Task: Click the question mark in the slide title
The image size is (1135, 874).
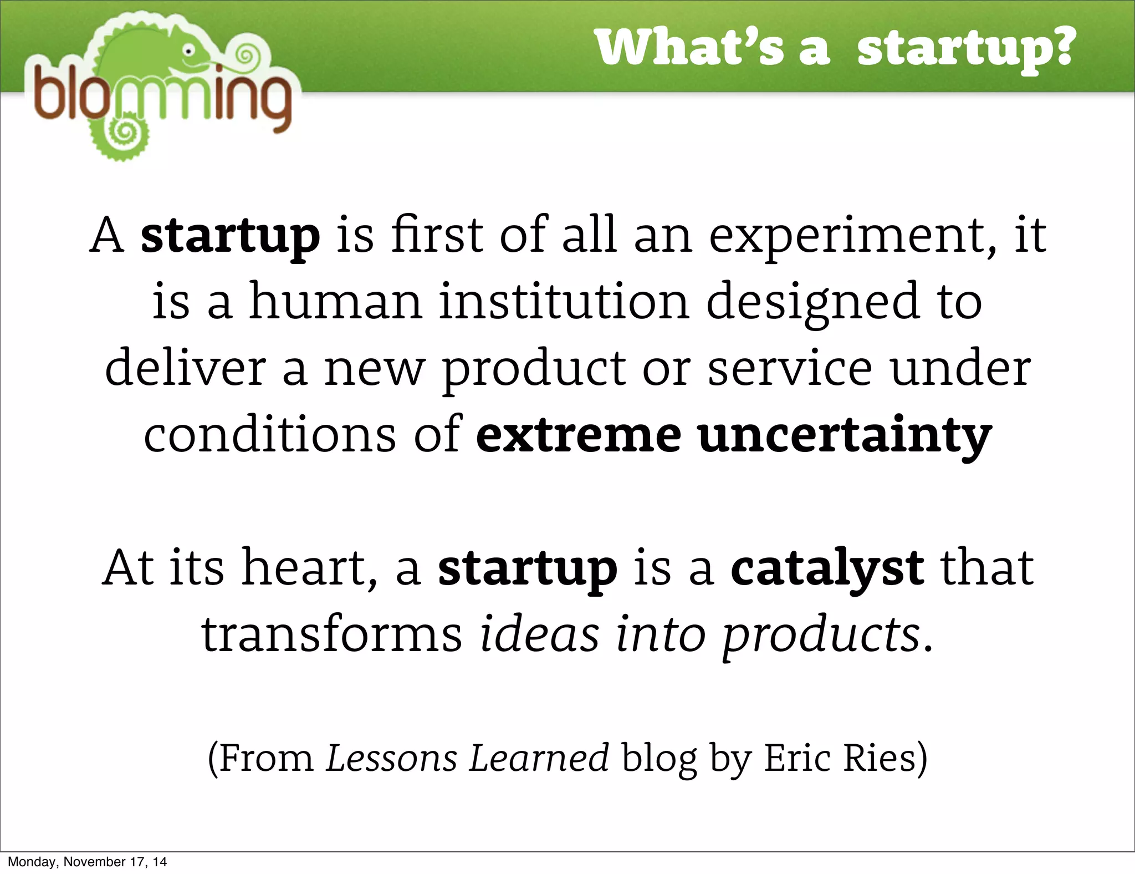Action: point(1060,48)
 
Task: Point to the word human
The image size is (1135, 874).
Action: point(335,302)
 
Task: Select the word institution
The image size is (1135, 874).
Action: point(564,302)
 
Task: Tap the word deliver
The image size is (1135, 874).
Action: point(186,368)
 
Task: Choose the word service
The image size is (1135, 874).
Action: point(790,368)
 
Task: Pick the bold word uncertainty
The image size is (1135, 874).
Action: point(845,436)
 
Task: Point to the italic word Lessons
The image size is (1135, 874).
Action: point(391,758)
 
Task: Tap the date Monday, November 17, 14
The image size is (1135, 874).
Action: point(87,862)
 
